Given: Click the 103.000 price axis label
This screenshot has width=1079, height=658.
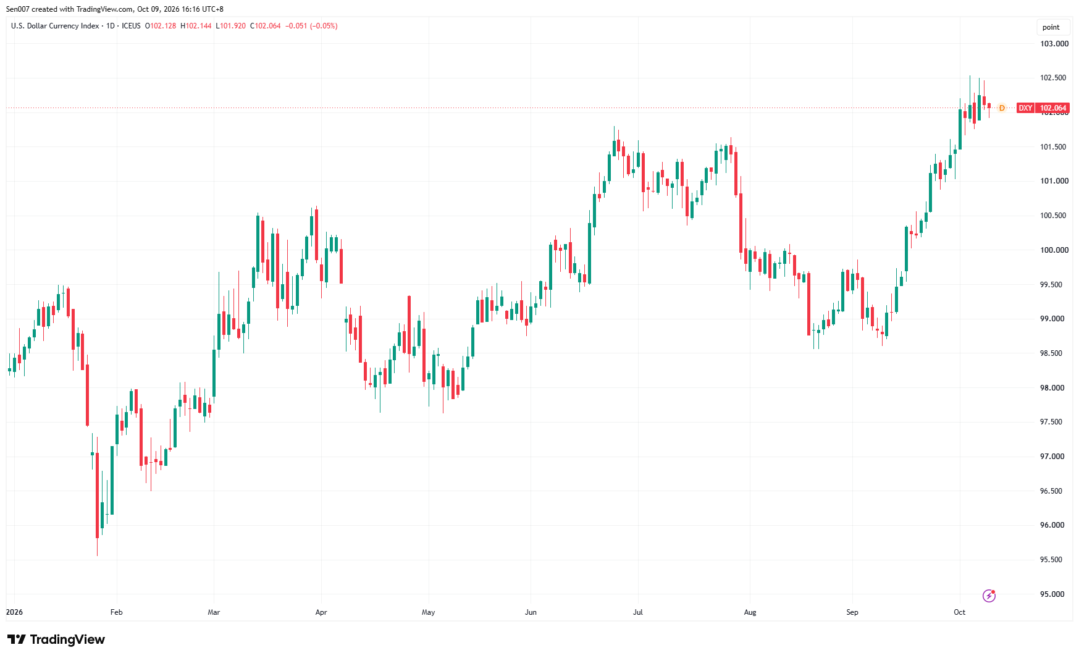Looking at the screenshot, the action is tap(1054, 44).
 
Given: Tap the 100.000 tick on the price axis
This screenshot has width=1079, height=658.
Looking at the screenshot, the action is tap(1054, 250).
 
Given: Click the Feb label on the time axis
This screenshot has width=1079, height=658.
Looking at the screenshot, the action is tap(116, 612).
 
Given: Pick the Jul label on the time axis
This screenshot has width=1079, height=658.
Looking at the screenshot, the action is tap(638, 612).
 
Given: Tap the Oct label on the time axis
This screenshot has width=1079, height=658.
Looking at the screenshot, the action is tap(959, 612).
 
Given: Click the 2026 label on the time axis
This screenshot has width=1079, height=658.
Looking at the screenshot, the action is tap(14, 612).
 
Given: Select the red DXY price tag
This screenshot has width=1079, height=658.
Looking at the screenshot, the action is tap(1025, 108).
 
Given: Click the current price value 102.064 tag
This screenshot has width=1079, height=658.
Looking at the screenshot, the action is tap(1053, 108).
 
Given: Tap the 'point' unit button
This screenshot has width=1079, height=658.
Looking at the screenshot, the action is tap(1051, 27).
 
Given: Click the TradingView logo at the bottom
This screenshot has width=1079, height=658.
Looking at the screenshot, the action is tap(56, 639).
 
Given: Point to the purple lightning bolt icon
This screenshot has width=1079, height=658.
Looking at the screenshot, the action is tap(989, 596).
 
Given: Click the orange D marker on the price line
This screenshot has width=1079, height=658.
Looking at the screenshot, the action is tap(1002, 108).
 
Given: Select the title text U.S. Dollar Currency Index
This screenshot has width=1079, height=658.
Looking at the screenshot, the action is tap(55, 26).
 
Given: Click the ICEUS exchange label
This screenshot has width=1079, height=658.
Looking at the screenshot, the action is tap(131, 26).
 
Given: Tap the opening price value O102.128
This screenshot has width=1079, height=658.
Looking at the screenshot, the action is tap(161, 26).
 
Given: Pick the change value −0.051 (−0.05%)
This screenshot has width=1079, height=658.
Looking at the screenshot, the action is tap(311, 26).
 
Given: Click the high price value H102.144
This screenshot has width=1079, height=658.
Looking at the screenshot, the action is tap(196, 26).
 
